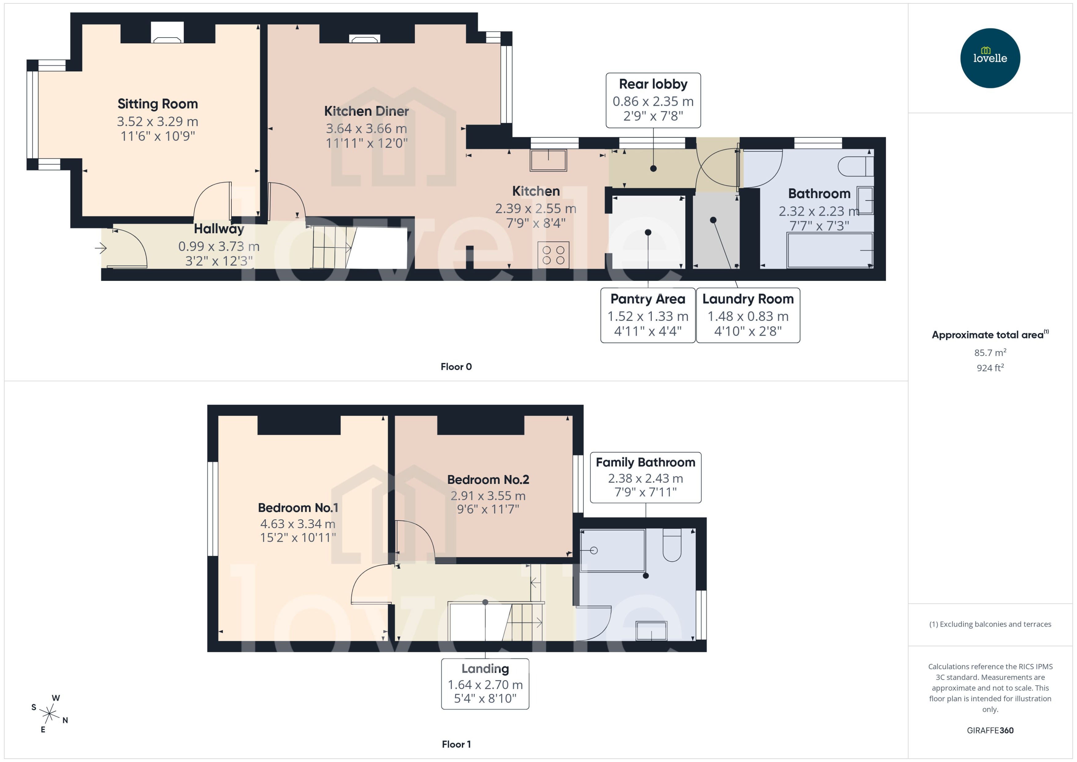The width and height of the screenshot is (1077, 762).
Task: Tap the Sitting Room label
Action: coord(158,104)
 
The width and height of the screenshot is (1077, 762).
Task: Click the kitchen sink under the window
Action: coord(548,160)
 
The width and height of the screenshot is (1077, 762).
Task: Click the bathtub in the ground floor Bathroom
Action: coord(830,250)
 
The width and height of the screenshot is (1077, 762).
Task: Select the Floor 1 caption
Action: coord(456,744)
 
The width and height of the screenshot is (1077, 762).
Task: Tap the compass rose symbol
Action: coord(49,714)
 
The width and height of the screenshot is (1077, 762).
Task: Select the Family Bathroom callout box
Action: coord(645,477)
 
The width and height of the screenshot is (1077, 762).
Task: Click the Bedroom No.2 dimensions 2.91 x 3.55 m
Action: coord(488,496)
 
